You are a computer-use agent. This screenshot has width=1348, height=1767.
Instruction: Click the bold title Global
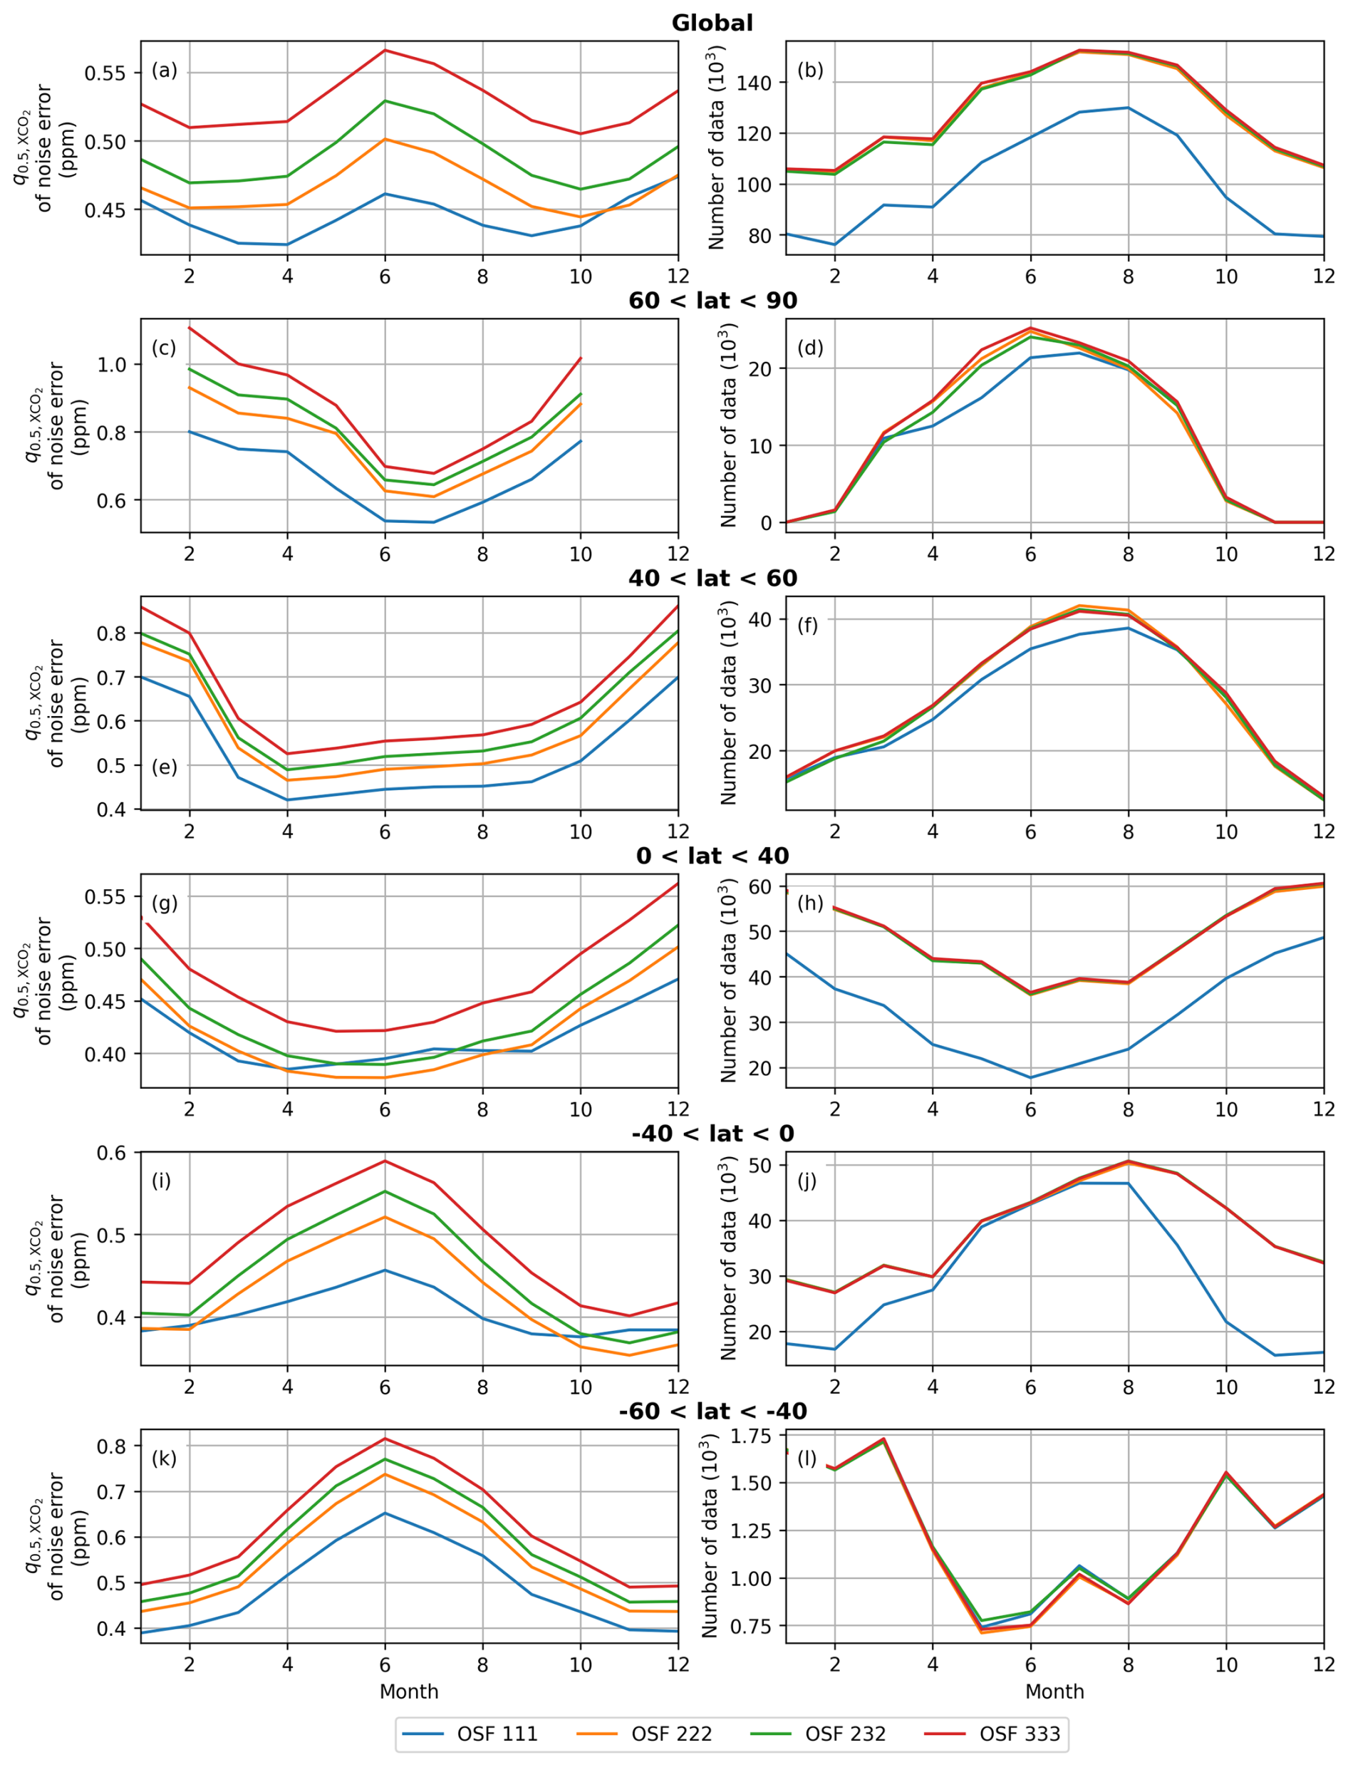pyautogui.click(x=712, y=24)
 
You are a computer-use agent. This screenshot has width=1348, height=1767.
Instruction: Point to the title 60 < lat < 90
pyautogui.click(x=712, y=301)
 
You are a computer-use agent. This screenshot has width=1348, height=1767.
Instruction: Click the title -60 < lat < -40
pyautogui.click(x=712, y=1411)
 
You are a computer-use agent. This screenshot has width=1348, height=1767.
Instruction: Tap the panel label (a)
pyautogui.click(x=165, y=71)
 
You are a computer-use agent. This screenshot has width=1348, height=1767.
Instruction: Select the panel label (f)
pyautogui.click(x=809, y=625)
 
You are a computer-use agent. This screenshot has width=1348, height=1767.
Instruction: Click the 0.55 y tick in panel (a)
pyautogui.click(x=106, y=73)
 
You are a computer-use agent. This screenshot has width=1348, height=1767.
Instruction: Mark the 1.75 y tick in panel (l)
pyautogui.click(x=752, y=1436)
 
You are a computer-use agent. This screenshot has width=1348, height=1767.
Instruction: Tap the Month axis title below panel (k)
pyautogui.click(x=408, y=1691)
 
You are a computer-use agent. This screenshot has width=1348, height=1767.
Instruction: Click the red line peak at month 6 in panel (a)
pyautogui.click(x=385, y=51)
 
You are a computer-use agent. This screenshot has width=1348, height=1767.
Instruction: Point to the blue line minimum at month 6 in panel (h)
pyautogui.click(x=1031, y=1078)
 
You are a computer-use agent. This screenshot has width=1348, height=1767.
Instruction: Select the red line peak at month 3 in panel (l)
pyautogui.click(x=883, y=1439)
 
